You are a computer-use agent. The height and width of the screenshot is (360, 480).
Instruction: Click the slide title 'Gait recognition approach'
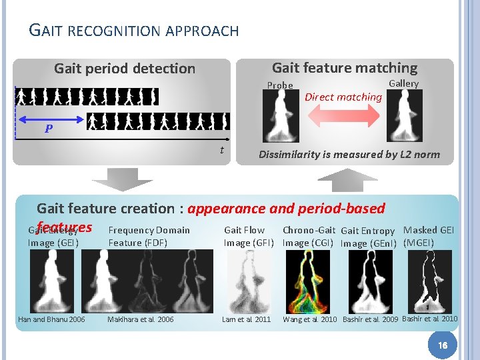click(134, 30)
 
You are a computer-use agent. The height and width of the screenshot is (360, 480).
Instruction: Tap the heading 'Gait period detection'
click(125, 69)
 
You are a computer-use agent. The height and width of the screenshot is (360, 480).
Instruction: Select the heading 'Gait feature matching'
click(345, 67)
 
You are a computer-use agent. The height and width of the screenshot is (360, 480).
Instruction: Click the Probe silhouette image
click(281, 116)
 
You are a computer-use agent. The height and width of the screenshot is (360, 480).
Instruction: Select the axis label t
click(221, 150)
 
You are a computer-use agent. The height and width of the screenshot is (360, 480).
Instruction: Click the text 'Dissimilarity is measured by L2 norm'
click(349, 155)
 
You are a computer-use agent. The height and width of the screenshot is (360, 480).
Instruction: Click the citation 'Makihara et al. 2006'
click(140, 319)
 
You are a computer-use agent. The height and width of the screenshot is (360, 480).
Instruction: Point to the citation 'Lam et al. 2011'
click(247, 319)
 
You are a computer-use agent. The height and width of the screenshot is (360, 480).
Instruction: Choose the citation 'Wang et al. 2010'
click(310, 319)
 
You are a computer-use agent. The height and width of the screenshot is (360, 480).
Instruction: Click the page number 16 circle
click(441, 343)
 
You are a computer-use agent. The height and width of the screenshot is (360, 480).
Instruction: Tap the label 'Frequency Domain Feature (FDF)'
click(149, 237)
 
